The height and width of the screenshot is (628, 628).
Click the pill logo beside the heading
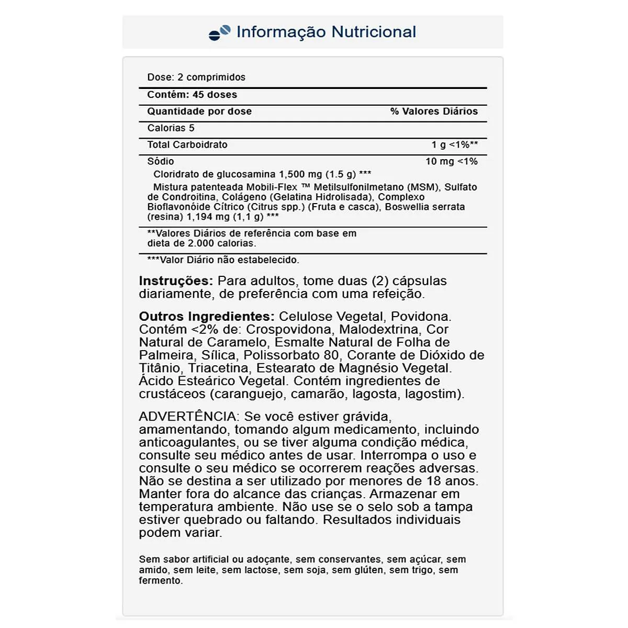[219, 32]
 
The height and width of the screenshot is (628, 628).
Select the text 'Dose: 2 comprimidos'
[196, 77]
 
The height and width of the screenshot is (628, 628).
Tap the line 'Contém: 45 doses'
[192, 95]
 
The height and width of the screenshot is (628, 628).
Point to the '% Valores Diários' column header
[434, 111]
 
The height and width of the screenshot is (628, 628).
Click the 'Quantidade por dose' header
[199, 111]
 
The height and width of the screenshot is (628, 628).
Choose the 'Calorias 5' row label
[171, 128]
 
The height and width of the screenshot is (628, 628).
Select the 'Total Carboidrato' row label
[187, 145]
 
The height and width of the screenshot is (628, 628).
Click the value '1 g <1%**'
[454, 145]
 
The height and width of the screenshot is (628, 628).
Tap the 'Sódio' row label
[161, 162]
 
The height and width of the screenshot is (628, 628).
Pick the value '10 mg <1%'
[451, 162]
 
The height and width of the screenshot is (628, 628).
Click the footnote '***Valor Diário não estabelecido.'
[223, 260]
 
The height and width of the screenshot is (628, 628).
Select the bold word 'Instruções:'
[176, 281]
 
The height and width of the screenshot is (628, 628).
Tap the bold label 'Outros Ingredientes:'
[207, 317]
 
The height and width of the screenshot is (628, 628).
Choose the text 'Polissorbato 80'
[291, 355]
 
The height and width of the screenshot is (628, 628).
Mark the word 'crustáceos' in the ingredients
[172, 394]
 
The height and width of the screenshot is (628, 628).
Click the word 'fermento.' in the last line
[161, 581]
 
